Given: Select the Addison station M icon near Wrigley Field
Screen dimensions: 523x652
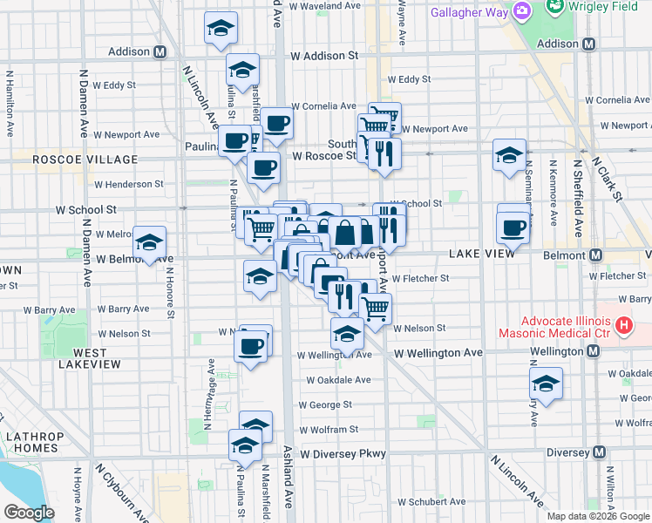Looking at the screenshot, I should point(589,44).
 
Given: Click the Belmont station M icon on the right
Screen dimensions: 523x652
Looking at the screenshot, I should point(596,255).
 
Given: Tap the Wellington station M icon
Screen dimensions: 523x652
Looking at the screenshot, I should point(594,350).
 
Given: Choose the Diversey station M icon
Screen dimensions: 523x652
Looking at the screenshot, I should point(599,452).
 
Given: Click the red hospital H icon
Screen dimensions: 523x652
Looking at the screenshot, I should point(623,327).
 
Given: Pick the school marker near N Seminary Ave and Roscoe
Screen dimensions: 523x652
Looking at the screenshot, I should point(510,155).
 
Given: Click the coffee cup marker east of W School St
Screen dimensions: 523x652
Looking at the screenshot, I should point(513,228).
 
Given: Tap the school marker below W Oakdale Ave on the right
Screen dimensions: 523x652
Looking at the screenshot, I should point(546,384).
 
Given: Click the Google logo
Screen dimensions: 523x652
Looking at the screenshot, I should point(29,513).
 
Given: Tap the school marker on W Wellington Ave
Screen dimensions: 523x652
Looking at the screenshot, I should point(347,334).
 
